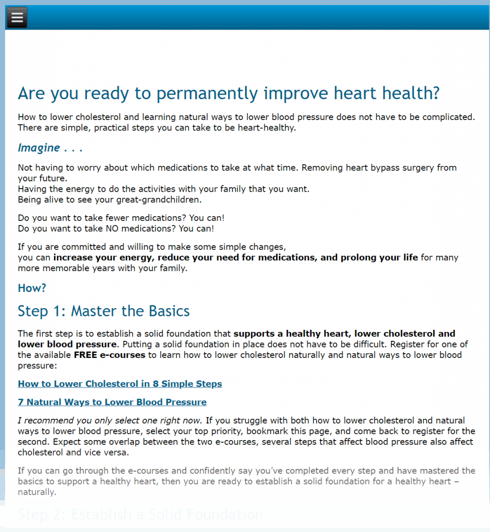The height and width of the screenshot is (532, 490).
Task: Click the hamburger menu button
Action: coord(17,18)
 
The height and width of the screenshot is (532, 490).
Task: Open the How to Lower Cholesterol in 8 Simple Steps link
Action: coord(120,384)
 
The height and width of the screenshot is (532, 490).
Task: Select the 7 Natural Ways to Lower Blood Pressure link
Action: coord(112,402)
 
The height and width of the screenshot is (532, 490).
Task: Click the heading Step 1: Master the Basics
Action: coord(104,311)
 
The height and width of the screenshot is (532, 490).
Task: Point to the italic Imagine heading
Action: coord(39,148)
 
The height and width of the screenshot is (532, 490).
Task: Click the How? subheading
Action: coord(32,288)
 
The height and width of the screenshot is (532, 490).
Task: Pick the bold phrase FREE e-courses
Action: coord(110,355)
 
